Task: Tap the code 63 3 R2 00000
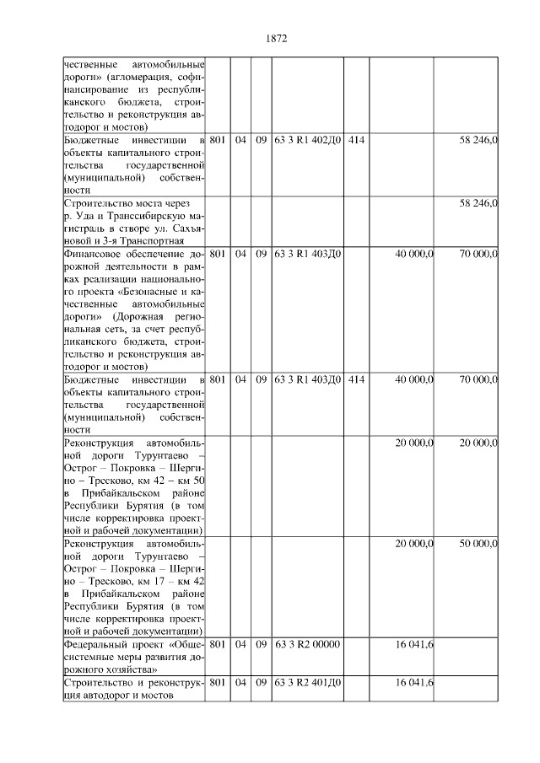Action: [x=307, y=643]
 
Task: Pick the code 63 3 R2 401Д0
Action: [x=307, y=681]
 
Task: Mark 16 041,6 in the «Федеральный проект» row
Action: [x=413, y=643]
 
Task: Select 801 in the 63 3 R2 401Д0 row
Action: [x=216, y=681]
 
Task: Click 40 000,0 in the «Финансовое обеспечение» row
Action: [x=413, y=254]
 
